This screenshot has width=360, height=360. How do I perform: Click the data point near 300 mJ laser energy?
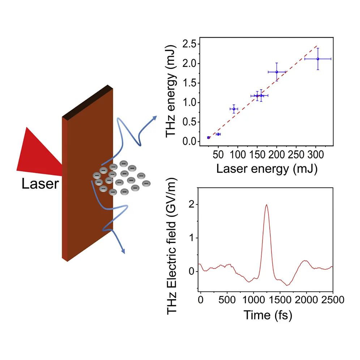(318, 59)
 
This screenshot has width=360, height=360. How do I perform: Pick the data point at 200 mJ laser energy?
(277, 72)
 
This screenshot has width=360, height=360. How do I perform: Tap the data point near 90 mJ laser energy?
(234, 109)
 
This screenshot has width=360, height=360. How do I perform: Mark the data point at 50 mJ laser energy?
(218, 134)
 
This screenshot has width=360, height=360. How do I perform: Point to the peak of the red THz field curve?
(267, 205)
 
